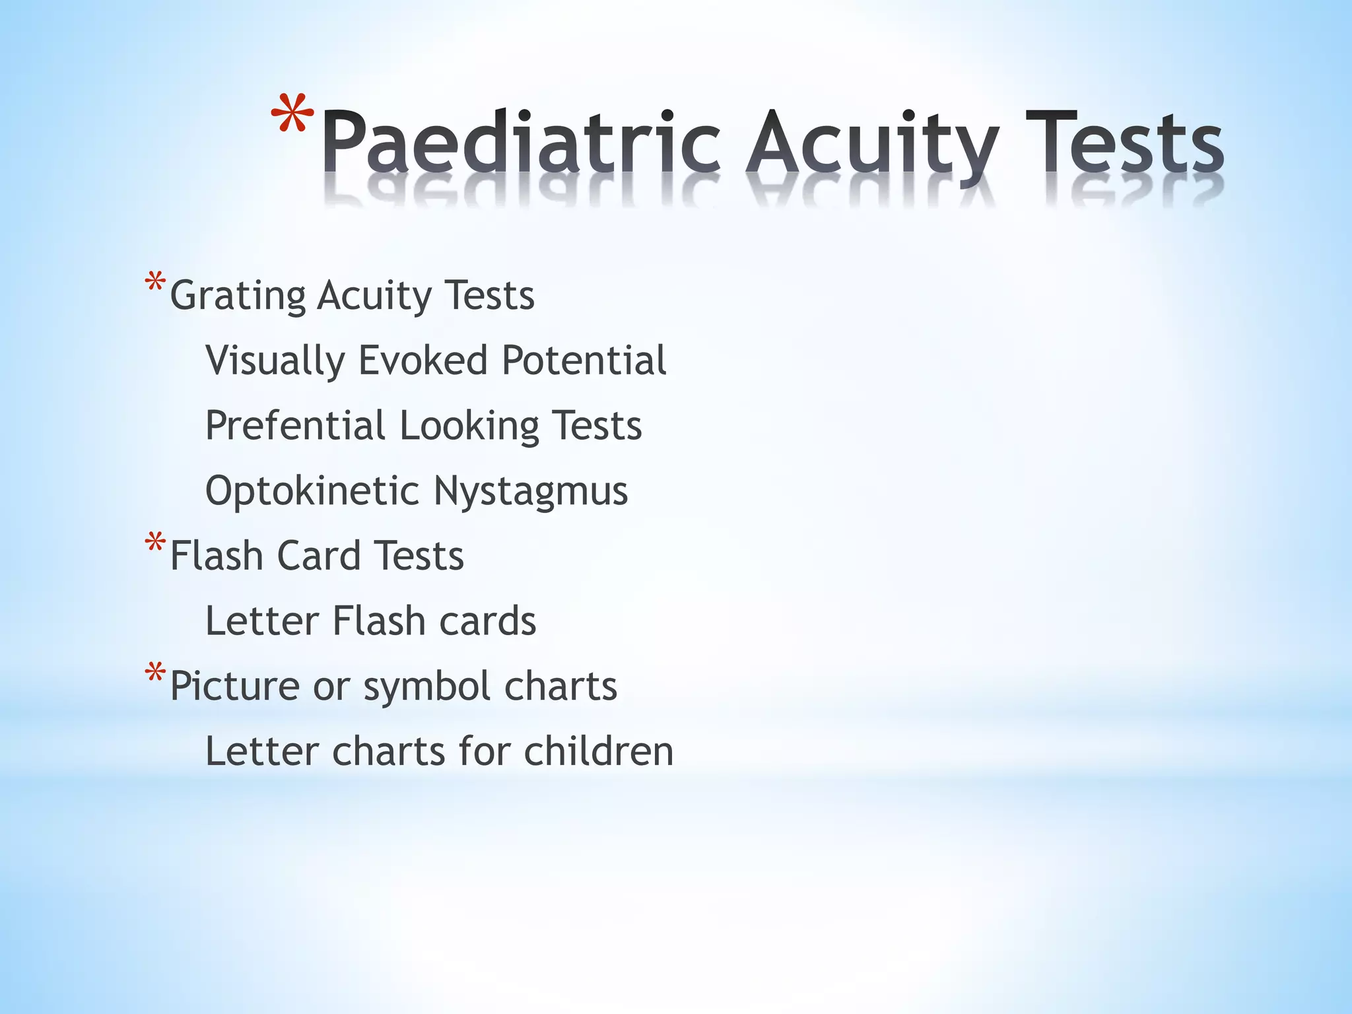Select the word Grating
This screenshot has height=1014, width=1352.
pyautogui.click(x=238, y=296)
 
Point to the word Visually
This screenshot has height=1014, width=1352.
pyautogui.click(x=275, y=361)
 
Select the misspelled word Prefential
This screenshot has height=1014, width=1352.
pyautogui.click(x=295, y=425)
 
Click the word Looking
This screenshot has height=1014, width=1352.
pyautogui.click(x=469, y=426)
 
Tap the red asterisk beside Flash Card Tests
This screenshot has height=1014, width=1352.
pyautogui.click(x=155, y=543)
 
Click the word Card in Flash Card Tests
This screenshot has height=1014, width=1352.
pyautogui.click(x=318, y=555)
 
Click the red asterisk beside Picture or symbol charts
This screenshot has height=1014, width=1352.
pyautogui.click(x=155, y=673)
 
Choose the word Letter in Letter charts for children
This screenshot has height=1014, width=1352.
pyautogui.click(x=261, y=751)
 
